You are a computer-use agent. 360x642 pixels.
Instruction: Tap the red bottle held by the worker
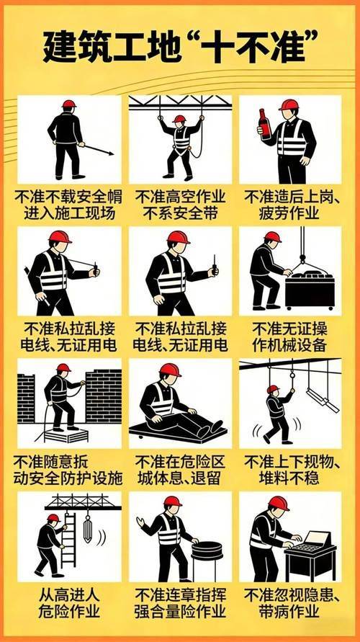[264, 124]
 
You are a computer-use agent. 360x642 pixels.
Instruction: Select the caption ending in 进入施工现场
[68, 205]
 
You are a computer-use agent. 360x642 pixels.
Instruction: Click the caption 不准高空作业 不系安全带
[180, 205]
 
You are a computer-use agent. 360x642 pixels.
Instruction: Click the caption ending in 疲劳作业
[292, 205]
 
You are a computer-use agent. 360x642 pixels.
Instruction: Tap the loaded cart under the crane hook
[310, 287]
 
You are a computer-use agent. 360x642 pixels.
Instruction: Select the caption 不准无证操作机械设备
[292, 336]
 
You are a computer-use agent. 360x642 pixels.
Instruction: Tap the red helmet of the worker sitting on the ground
[170, 370]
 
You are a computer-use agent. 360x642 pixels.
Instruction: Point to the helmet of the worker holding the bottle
[289, 105]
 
